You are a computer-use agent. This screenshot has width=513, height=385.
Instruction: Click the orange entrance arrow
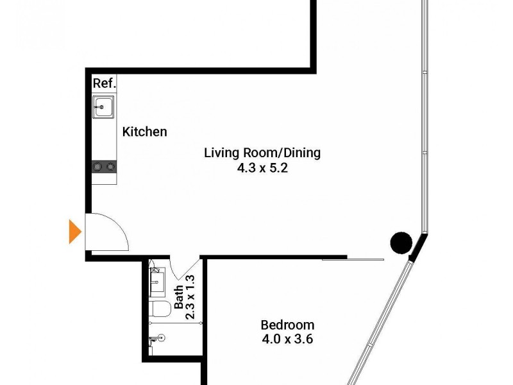[x=75, y=232]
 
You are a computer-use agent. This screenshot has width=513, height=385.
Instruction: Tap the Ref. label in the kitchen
[x=103, y=83]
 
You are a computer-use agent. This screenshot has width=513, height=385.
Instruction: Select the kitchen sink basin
[x=103, y=107]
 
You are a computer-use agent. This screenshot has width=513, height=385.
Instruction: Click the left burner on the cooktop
[x=97, y=167]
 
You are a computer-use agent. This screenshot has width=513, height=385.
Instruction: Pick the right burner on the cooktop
[x=110, y=167]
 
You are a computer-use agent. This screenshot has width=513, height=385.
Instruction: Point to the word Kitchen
[x=145, y=132]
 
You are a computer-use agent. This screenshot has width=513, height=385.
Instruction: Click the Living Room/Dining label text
[x=262, y=153]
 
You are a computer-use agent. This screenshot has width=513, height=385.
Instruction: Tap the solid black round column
[x=401, y=242]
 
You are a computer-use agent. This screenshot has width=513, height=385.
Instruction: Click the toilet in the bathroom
[x=160, y=309]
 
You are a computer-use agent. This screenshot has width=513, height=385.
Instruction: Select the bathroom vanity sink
[x=157, y=280]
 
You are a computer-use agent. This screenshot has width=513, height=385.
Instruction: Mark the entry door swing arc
[x=115, y=231]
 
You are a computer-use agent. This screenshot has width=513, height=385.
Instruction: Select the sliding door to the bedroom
[x=353, y=259]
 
